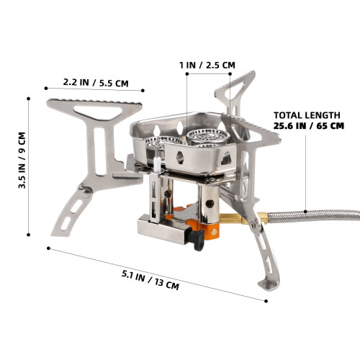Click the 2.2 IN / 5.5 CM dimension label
pyautogui.click(x=96, y=83)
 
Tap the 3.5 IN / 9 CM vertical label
pyautogui.click(x=22, y=160)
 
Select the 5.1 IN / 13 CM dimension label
pyautogui.click(x=150, y=280)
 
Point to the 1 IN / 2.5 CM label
pyautogui.click(x=207, y=65)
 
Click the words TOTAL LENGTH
pyautogui.click(x=307, y=115)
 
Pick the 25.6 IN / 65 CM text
pyautogui.click(x=309, y=126)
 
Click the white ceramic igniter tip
pyautogui.click(x=157, y=164)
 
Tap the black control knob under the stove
pyautogui.click(x=197, y=239)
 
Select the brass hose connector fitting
pyautogui.click(x=243, y=218)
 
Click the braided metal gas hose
pyautogui.click(x=314, y=215)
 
